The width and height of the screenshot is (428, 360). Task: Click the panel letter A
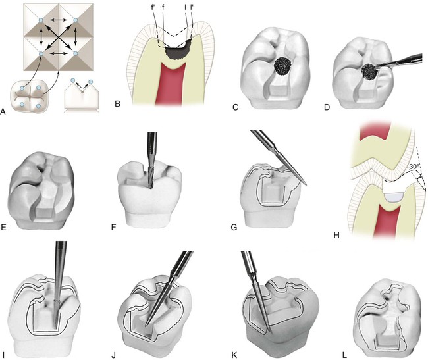(x=5, y=111)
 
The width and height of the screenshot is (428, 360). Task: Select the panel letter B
(x=117, y=104)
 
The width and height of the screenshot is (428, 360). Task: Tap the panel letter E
(x=5, y=229)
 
